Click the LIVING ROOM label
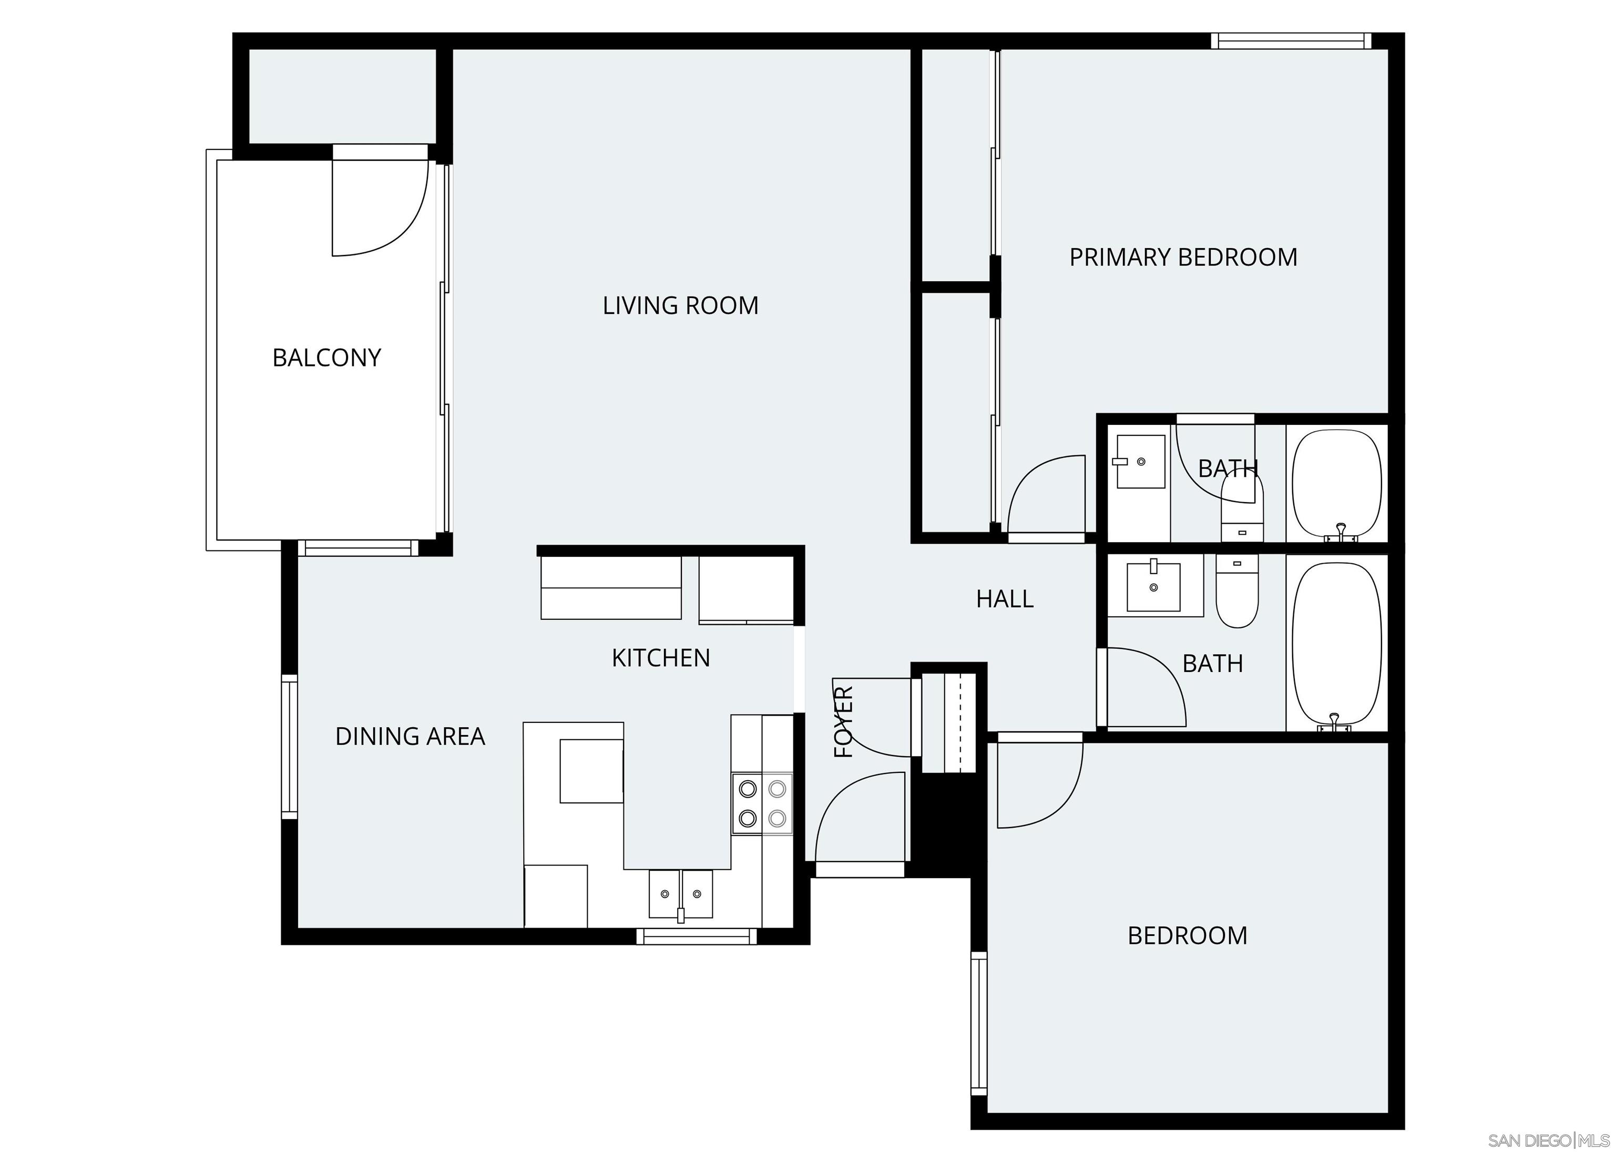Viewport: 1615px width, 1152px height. [x=680, y=305]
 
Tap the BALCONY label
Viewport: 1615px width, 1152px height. [x=327, y=358]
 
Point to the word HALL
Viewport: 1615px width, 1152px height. [x=1004, y=599]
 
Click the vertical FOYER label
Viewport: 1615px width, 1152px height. [x=843, y=722]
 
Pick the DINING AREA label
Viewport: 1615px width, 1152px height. [x=410, y=736]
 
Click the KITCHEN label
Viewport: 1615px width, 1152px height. [x=660, y=658]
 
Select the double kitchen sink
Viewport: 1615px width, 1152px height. [x=680, y=894]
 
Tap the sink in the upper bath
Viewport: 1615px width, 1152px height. [x=1140, y=462]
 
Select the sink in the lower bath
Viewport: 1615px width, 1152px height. [x=1154, y=586]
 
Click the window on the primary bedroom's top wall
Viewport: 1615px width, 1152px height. [x=1290, y=41]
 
